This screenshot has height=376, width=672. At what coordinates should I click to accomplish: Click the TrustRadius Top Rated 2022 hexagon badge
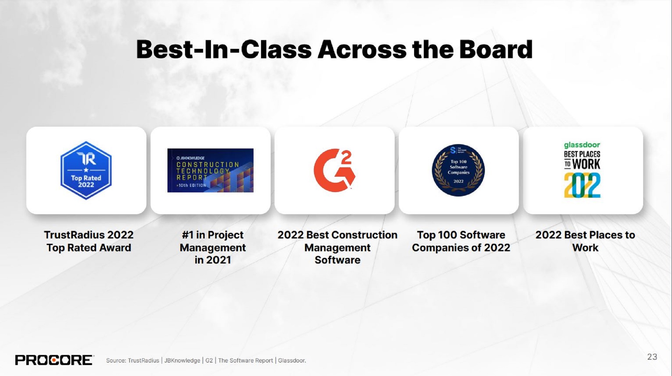click(x=86, y=170)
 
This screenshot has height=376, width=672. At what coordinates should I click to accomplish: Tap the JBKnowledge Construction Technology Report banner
click(x=210, y=170)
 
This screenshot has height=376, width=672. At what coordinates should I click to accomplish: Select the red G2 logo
click(x=334, y=170)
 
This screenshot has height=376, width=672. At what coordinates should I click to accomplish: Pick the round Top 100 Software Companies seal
click(x=458, y=170)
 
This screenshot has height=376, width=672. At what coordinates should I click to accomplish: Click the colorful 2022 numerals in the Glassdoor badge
click(x=582, y=185)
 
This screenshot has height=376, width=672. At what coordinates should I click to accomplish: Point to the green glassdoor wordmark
click(x=582, y=145)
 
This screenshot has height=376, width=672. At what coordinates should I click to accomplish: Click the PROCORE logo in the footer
click(x=54, y=360)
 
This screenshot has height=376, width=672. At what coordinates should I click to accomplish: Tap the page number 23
click(x=652, y=357)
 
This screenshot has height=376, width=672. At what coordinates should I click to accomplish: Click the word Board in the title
click(x=496, y=50)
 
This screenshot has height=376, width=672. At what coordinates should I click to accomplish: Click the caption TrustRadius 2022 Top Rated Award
click(x=89, y=241)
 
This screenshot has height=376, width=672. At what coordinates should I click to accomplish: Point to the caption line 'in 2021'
click(x=213, y=260)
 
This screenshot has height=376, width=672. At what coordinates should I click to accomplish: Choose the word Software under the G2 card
click(x=337, y=260)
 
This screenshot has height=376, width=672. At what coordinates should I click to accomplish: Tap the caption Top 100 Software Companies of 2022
click(x=461, y=241)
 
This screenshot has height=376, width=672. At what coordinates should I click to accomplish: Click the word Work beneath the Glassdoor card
click(x=585, y=248)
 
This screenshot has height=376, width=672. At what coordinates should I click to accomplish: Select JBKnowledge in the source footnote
click(x=182, y=361)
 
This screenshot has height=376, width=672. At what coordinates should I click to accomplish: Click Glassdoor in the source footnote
click(x=292, y=361)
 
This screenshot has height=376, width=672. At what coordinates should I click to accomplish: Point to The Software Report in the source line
click(x=245, y=361)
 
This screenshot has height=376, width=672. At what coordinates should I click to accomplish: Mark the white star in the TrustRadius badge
click(x=86, y=170)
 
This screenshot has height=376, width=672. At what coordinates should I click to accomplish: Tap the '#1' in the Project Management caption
click(x=187, y=235)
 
